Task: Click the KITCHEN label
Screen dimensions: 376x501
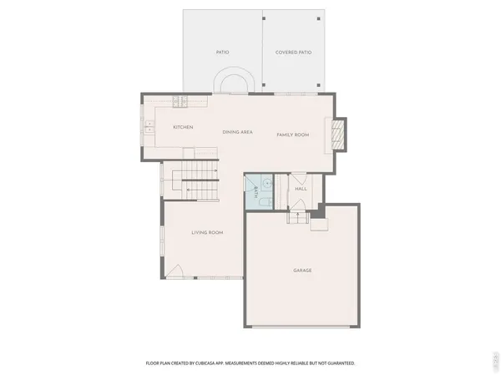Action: pos(183,127)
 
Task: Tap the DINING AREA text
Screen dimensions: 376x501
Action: pos(237,133)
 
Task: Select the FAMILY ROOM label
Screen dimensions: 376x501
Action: pos(293,134)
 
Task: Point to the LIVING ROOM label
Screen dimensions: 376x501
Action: pos(207,232)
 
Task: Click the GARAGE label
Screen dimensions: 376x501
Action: pos(302,270)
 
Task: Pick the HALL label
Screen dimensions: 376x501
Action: pos(301,189)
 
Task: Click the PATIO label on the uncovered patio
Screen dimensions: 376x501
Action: pos(223,52)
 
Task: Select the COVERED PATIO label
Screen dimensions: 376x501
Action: pos(293,52)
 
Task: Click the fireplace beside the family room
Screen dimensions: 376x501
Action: pos(338,133)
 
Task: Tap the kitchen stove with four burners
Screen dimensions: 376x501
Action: pos(180,102)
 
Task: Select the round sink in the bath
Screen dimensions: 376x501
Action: pos(266,181)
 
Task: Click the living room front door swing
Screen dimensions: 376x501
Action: pos(175,271)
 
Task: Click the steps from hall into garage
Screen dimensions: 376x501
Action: pos(298,217)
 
